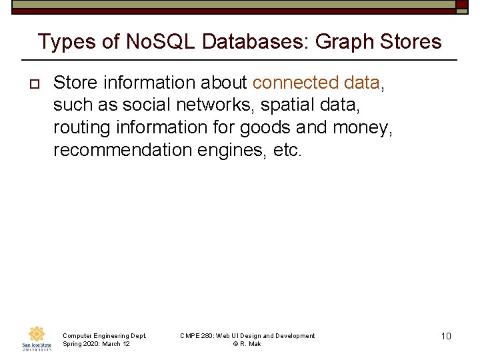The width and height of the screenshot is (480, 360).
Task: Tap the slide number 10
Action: tap(446, 336)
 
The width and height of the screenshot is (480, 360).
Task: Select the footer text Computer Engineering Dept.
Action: tap(104, 336)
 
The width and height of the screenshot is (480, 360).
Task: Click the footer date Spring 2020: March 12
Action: tap(96, 344)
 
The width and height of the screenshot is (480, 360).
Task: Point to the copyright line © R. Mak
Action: tap(247, 344)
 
